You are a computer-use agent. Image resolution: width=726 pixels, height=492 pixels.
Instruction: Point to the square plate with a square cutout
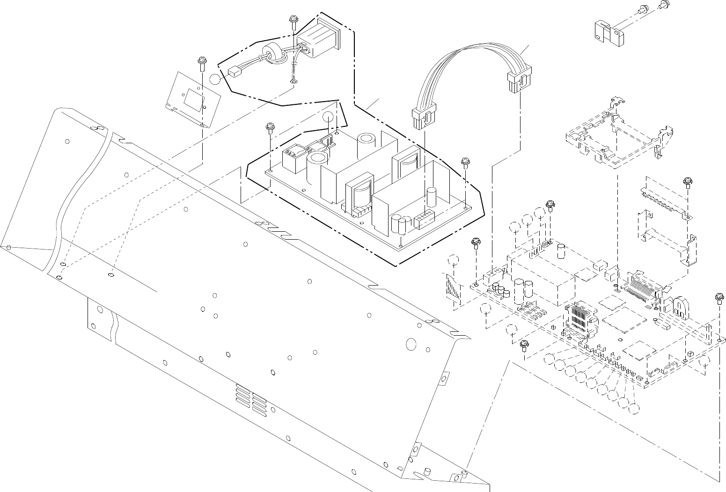point(194,98)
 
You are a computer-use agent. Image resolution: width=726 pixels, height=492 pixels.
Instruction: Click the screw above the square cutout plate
point(201,61)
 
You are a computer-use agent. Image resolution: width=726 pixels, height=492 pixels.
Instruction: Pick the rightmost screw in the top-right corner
point(663,5)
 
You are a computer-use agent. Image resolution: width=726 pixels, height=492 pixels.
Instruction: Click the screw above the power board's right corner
point(465,162)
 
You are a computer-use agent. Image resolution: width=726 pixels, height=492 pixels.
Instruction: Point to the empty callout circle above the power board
point(329,117)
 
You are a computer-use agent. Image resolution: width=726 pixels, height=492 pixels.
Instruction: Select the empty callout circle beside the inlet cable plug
point(214,79)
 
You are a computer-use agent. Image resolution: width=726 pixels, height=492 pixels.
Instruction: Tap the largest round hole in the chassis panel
point(411,344)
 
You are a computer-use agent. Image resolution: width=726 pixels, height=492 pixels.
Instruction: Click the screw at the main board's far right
point(719,297)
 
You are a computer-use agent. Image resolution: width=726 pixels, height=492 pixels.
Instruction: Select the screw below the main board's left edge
point(524,345)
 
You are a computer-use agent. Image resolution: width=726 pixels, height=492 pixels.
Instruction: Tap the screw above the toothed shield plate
point(688,182)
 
